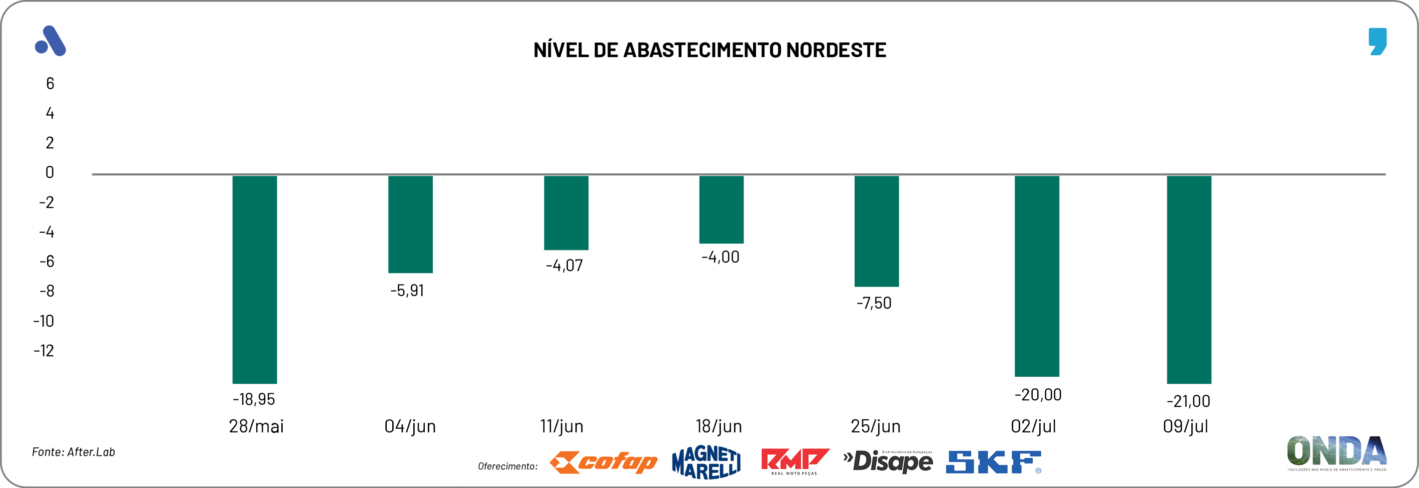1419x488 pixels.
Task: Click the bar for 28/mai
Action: [255, 279]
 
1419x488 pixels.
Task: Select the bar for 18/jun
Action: [721, 209]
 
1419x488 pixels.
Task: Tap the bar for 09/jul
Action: [1189, 279]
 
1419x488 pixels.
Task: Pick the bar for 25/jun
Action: [877, 231]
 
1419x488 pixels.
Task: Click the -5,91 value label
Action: [407, 291]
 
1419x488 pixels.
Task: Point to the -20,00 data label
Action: [1038, 395]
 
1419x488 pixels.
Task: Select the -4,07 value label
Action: [564, 266]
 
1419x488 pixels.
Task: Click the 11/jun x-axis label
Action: [561, 426]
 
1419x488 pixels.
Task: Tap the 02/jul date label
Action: [1033, 426]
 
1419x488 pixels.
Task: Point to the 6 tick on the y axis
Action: [50, 84]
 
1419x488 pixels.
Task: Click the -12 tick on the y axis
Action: [44, 351]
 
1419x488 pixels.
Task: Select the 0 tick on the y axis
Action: [50, 172]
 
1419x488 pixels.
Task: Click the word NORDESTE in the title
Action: [836, 50]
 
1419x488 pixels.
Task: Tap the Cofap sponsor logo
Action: [604, 462]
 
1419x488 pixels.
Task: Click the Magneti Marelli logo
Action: [706, 462]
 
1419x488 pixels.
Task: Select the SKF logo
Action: [993, 462]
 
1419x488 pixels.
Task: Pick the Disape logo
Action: [888, 461]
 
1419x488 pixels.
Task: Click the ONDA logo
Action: [1336, 452]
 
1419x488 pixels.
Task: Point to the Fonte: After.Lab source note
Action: [73, 452]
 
